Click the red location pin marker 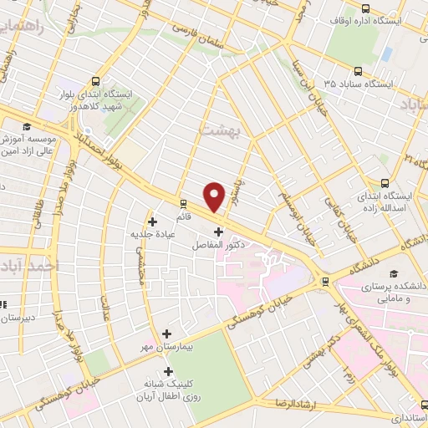(x=215, y=196)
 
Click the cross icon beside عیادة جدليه (x=152, y=222)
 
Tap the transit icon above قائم (x=182, y=202)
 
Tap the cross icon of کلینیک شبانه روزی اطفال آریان (x=170, y=372)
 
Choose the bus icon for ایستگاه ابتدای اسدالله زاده (x=385, y=183)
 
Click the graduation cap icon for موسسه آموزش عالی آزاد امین (x=26, y=126)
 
